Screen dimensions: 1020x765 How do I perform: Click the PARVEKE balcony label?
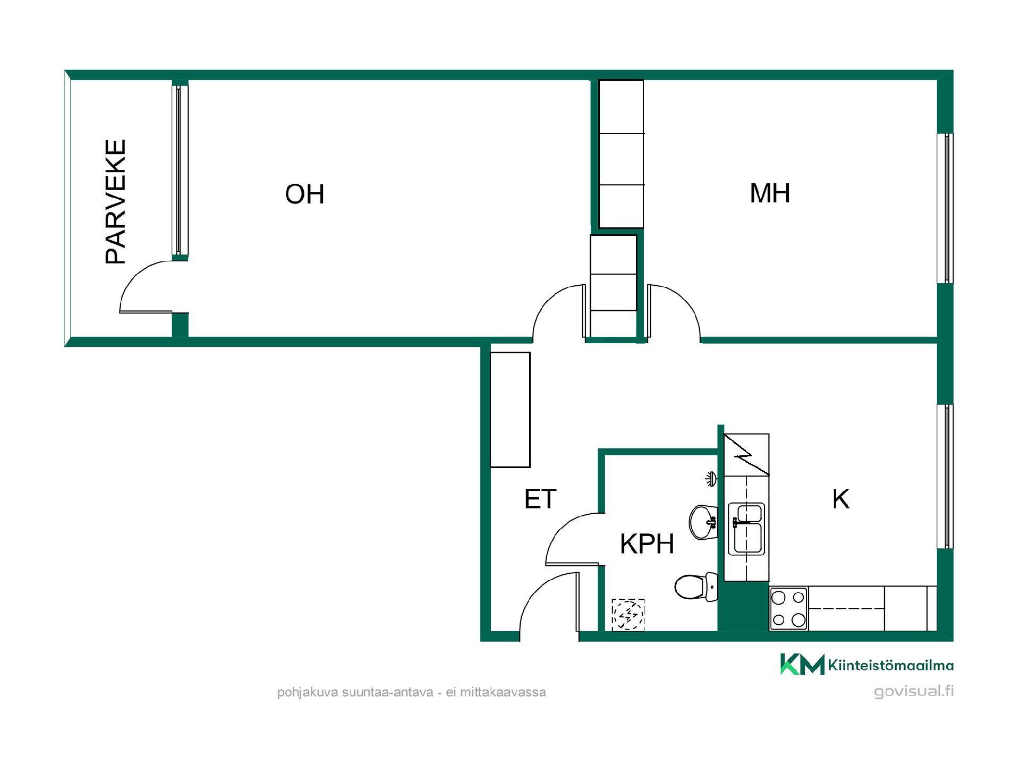[x=116, y=201]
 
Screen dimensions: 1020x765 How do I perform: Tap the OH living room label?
[x=304, y=194]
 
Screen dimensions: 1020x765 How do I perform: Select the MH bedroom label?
[x=770, y=193]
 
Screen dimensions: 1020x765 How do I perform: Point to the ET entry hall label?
[x=540, y=499]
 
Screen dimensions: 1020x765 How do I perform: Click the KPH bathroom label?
[x=647, y=543]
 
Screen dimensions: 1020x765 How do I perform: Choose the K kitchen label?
[x=840, y=499]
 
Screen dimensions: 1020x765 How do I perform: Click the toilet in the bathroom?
[x=696, y=587]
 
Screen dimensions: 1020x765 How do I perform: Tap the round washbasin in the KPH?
[x=703, y=522]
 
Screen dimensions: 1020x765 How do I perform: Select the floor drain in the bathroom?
[x=628, y=615]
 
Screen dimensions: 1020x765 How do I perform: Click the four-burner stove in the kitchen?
[x=788, y=608]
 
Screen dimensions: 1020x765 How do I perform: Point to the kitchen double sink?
[x=746, y=528]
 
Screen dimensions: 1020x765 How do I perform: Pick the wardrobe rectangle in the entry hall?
[x=510, y=410]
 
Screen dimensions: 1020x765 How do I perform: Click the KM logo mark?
[x=802, y=664]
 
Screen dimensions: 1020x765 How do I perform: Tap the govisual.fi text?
[x=914, y=691]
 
